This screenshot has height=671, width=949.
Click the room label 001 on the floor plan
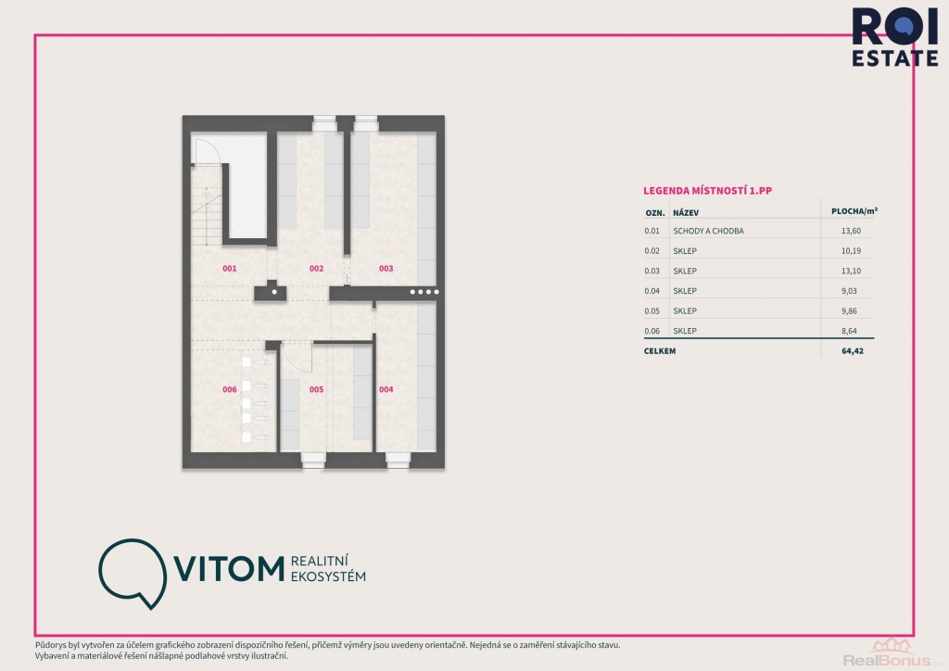pyautogui.click(x=230, y=269)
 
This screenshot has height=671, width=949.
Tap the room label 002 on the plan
pyautogui.click(x=317, y=269)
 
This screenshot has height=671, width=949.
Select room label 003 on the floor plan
pyautogui.click(x=386, y=269)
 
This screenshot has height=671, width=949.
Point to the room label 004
pyautogui.click(x=386, y=389)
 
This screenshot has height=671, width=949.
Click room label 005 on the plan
pyautogui.click(x=317, y=389)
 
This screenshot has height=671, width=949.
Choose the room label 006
pyautogui.click(x=230, y=389)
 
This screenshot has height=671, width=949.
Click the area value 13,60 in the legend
pyautogui.click(x=851, y=231)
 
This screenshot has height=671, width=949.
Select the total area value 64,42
pyautogui.click(x=853, y=351)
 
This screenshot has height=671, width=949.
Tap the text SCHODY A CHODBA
pyautogui.click(x=708, y=231)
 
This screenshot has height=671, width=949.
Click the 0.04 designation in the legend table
pyautogui.click(x=652, y=291)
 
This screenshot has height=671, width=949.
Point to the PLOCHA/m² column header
pyautogui.click(x=854, y=211)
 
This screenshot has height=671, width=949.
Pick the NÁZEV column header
pyautogui.click(x=686, y=213)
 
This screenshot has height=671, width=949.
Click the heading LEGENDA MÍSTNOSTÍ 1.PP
pyautogui.click(x=707, y=191)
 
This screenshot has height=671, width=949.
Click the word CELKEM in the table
pyautogui.click(x=660, y=351)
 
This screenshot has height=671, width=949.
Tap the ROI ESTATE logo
pyautogui.click(x=895, y=37)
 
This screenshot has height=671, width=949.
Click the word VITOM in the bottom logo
pyautogui.click(x=230, y=569)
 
